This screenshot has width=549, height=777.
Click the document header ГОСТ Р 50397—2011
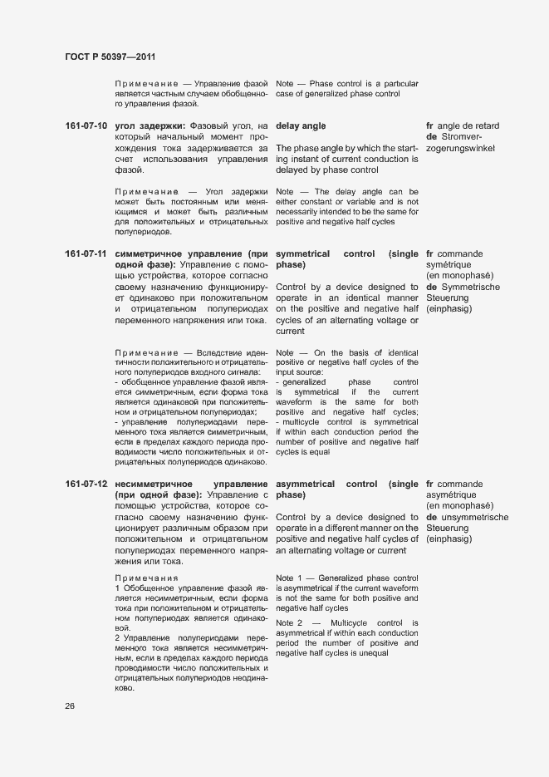click(110, 57)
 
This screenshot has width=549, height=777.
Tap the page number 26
click(70, 706)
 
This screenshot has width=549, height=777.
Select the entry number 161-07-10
click(86, 126)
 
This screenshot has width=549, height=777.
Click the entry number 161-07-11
click(86, 253)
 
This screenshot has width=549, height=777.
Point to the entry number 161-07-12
click(86, 484)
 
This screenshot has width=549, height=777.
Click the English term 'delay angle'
click(301, 126)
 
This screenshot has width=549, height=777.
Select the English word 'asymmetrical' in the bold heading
click(306, 484)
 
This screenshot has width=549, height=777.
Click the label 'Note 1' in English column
click(289, 578)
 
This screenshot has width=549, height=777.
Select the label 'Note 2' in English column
click(289, 622)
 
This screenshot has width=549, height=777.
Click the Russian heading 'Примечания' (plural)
click(146, 578)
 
